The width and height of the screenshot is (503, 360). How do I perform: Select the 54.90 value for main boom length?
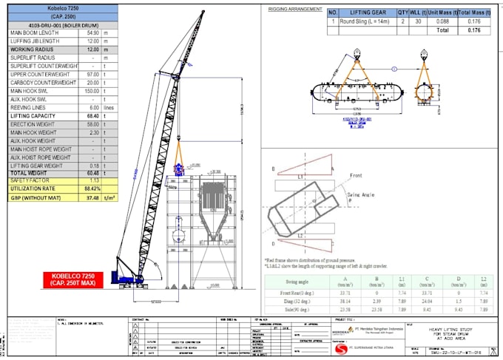[92, 33]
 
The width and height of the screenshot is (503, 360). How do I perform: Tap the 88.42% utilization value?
[92, 189]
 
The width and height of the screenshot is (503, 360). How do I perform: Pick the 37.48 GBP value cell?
[92, 198]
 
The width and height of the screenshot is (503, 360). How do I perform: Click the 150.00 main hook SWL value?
[92, 99]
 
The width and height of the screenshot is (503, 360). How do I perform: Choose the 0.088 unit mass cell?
[442, 22]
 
